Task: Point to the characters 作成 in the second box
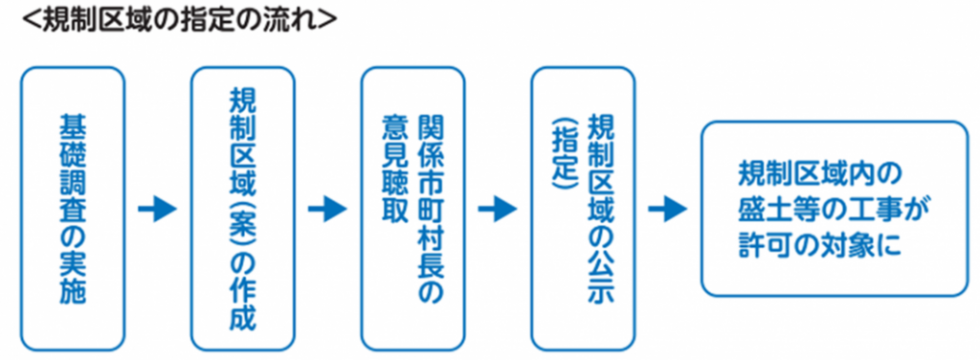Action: point(243,306)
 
